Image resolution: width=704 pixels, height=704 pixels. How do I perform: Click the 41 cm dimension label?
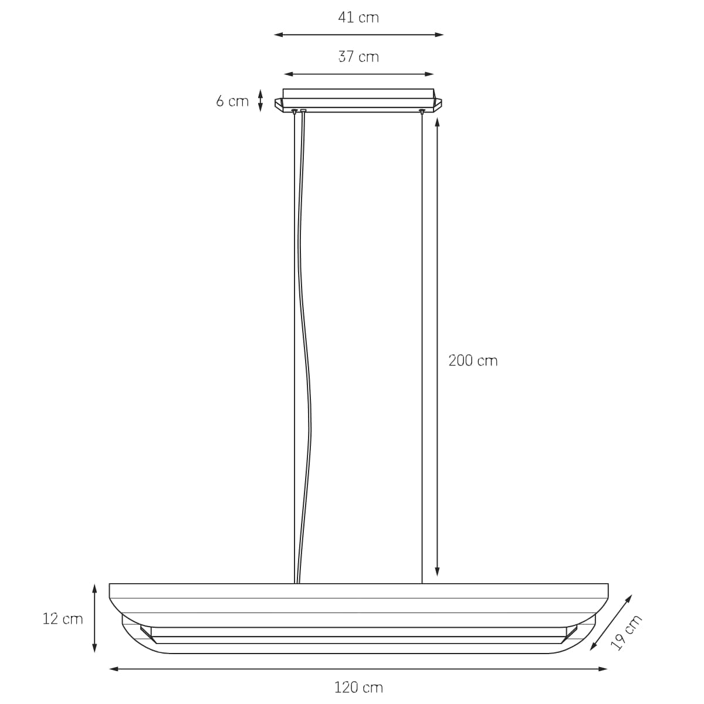click(358, 18)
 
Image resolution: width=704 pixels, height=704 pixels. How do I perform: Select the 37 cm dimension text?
click(358, 57)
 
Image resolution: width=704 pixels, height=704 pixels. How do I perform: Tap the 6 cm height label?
click(232, 101)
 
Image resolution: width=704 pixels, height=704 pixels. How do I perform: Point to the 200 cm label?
click(473, 360)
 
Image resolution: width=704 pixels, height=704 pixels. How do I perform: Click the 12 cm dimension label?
click(63, 619)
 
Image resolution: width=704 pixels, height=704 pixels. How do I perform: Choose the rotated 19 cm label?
click(627, 632)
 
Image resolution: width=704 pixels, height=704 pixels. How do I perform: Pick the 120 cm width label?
click(358, 687)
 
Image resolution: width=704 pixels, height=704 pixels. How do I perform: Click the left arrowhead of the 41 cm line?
click(277, 35)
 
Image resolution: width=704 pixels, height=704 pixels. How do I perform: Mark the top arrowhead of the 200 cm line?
click(437, 123)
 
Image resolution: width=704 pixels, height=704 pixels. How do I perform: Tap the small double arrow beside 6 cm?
click(260, 100)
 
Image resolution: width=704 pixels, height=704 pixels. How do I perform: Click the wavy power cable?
click(306, 352)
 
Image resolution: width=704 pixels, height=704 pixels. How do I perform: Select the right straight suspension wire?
click(422, 352)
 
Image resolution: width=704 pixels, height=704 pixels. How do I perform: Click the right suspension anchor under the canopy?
click(422, 111)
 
